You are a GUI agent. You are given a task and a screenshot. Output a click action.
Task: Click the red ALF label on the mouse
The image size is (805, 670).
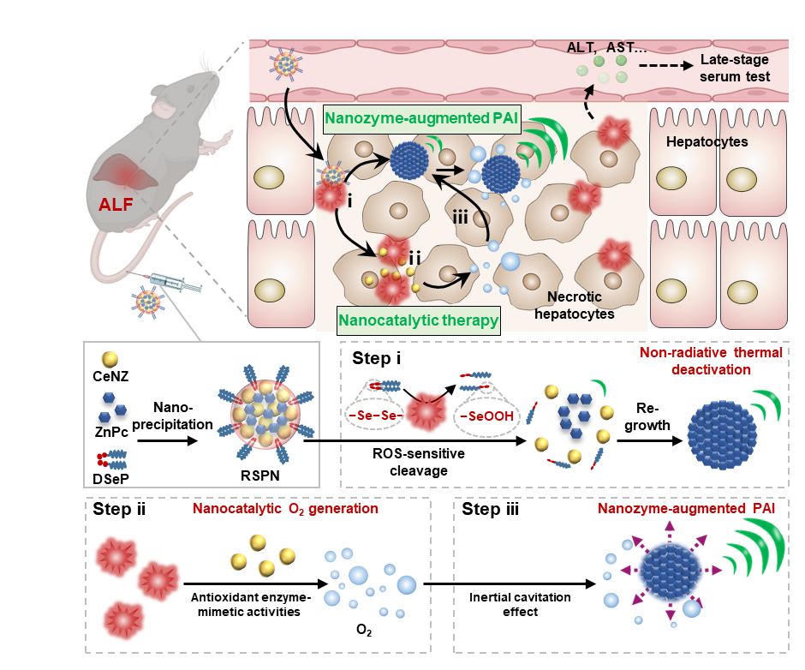116,205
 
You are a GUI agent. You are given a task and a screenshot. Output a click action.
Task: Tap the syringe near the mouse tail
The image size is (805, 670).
170,282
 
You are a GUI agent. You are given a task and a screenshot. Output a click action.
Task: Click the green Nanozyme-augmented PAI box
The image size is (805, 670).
422,119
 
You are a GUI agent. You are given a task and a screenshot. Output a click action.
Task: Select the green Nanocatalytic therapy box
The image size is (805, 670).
419,320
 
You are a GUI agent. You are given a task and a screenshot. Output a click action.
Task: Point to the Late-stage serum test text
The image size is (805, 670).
735,68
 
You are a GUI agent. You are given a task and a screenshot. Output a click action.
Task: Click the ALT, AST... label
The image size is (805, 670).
606,48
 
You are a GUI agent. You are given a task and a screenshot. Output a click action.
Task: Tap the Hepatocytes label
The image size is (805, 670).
707,142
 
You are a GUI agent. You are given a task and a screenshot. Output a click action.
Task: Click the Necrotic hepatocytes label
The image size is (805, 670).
575,305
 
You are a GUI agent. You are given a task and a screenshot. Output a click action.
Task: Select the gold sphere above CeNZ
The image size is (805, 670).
110,359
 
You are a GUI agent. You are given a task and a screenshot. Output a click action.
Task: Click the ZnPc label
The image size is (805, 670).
111,432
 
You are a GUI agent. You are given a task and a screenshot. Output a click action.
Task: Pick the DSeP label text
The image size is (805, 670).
110,479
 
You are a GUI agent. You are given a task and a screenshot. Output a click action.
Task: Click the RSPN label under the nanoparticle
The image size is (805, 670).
260,476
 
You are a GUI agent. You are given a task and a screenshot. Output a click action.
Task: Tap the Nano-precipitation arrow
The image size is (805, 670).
168,441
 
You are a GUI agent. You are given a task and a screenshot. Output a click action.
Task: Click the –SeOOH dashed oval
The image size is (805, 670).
486,416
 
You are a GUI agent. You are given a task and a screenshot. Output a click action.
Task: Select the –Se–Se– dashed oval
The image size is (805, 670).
376,416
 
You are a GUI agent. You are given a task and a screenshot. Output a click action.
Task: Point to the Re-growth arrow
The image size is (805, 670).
650,441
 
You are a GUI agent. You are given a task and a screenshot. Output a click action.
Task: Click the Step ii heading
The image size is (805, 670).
119,509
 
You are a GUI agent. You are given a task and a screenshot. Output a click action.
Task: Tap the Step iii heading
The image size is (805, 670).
491,509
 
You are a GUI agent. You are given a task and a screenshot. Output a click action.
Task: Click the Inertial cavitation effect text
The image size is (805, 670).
520,604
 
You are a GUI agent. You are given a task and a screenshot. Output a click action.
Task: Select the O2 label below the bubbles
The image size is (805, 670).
364,630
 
